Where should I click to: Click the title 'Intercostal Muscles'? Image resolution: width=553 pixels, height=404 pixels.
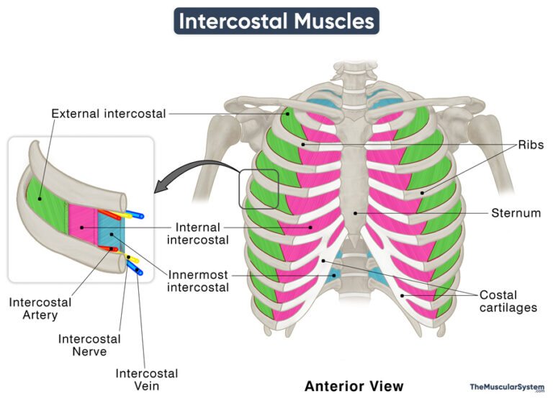[x=276, y=21]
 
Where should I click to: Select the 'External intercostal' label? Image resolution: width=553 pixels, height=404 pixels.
[x=109, y=113]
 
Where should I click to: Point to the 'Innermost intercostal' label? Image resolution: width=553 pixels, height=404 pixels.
[x=198, y=281]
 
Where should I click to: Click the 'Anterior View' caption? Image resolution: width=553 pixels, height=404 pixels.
[x=354, y=386]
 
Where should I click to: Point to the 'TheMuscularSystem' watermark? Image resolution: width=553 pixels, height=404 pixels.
[x=507, y=387]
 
